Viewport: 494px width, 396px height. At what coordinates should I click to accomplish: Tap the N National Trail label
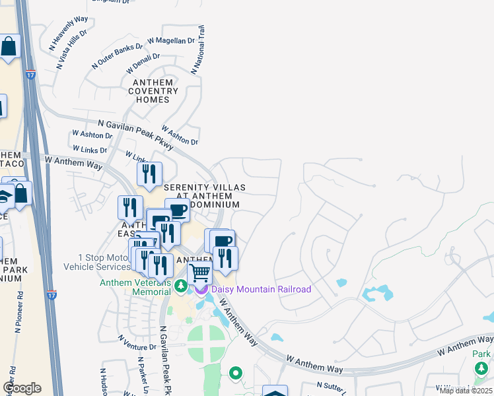click(x=198, y=50)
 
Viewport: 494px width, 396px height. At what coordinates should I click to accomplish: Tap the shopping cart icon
click(x=199, y=272)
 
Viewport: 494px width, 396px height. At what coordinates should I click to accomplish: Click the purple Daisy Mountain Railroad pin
click(x=200, y=289)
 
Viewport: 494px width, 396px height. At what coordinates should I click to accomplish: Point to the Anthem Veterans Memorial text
click(x=135, y=287)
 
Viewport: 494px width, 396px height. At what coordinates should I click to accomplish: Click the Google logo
click(x=22, y=388)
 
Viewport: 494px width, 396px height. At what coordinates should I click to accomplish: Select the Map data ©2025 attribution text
click(x=466, y=391)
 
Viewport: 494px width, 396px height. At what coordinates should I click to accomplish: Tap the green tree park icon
click(x=483, y=368)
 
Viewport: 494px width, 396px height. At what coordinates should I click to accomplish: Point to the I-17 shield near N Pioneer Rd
click(x=52, y=296)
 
